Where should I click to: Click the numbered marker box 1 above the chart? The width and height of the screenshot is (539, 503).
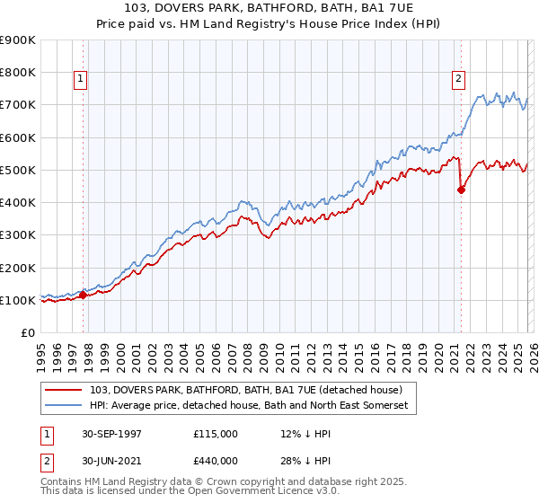(80, 79)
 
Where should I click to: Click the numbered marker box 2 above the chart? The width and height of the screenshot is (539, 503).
(458, 79)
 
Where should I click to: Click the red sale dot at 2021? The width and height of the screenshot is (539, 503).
(461, 190)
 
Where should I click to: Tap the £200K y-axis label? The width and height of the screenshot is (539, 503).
(18, 268)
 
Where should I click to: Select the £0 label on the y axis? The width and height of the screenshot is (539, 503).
(27, 333)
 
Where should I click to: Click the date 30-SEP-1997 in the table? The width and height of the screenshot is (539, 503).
(111, 433)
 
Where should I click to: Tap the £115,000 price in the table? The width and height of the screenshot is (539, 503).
(215, 433)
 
